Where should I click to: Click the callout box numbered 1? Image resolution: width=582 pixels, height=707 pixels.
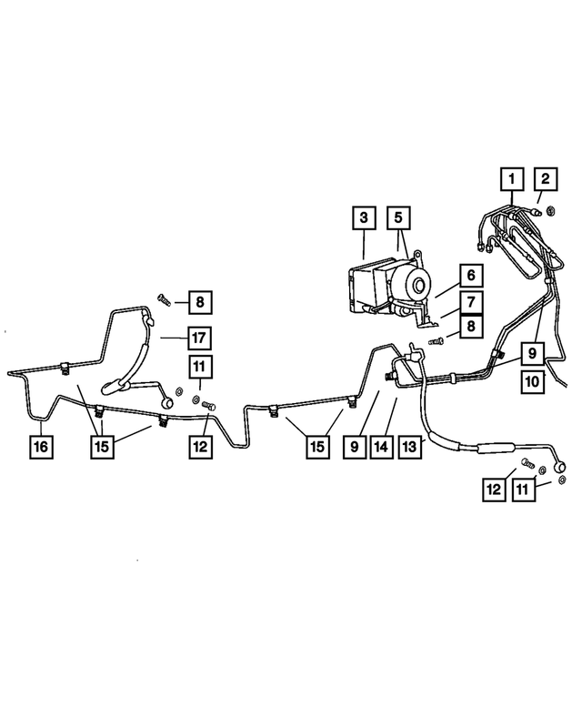(x=512, y=179)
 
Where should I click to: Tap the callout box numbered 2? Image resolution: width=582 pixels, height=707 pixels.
(x=546, y=179)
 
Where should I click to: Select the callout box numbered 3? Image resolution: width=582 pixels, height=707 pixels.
(x=364, y=218)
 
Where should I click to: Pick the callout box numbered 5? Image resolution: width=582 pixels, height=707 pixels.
(x=398, y=218)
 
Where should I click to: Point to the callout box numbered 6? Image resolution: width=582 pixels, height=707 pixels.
(x=471, y=275)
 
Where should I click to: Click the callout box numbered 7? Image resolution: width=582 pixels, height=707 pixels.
(x=471, y=302)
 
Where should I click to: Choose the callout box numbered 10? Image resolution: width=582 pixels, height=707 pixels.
(x=533, y=382)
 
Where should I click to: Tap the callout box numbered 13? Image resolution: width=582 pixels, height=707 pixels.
(x=410, y=447)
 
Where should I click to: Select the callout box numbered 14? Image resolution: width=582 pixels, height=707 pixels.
(x=381, y=447)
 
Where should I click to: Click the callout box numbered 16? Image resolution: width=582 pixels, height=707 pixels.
(x=41, y=447)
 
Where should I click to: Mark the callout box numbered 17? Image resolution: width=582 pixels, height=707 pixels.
(x=199, y=338)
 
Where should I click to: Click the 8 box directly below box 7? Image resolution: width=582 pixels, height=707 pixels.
(x=471, y=326)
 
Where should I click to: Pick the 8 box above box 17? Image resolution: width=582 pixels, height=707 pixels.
(x=200, y=302)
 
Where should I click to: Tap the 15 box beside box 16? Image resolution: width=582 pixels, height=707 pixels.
(x=102, y=447)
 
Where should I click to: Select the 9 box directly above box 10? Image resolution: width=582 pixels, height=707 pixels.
(x=533, y=353)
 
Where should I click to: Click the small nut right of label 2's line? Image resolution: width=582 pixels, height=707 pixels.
(x=550, y=210)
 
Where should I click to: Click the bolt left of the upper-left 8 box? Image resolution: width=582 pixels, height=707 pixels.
(x=164, y=299)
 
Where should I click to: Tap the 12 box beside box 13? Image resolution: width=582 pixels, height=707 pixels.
(x=494, y=490)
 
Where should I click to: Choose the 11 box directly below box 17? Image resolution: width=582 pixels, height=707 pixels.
(x=199, y=367)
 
